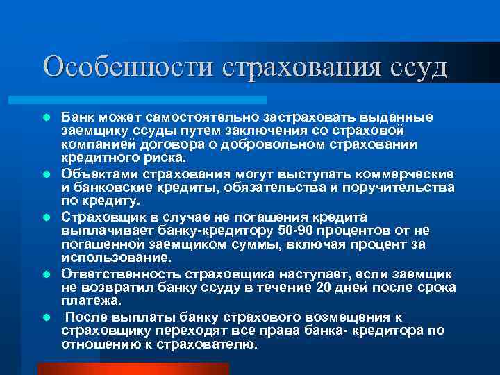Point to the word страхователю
tap(208, 345)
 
